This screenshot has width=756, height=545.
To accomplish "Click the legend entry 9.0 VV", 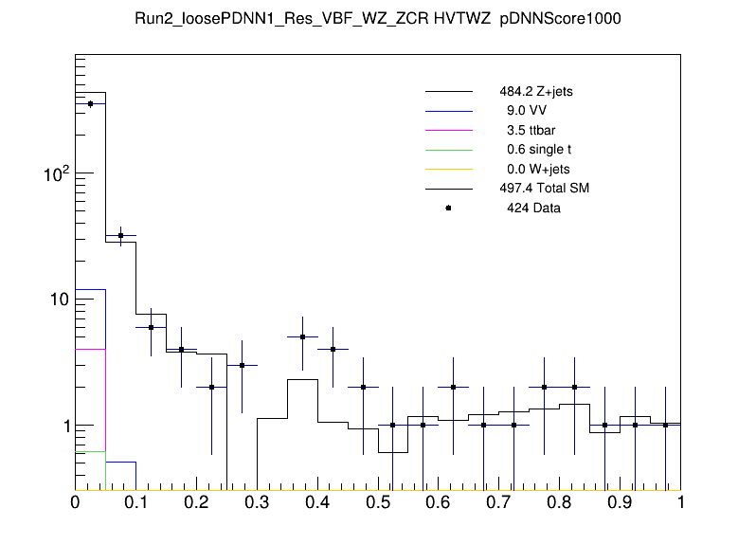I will click(x=528, y=112).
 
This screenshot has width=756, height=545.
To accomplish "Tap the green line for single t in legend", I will click(x=448, y=150).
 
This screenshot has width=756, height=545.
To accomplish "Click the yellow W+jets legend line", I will click(x=448, y=169).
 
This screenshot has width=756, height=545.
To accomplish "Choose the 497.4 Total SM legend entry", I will click(x=544, y=189).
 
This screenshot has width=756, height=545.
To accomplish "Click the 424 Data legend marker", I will click(x=448, y=208).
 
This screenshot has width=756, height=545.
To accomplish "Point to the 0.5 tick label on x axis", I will click(x=378, y=503).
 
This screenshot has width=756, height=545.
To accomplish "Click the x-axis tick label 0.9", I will click(x=620, y=503).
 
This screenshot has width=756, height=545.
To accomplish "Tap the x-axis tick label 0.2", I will click(x=196, y=503).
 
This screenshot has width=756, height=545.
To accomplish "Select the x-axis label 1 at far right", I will click(x=680, y=503).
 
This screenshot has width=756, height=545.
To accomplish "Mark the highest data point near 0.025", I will click(x=90, y=103).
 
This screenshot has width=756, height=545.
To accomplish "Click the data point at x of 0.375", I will click(x=302, y=336).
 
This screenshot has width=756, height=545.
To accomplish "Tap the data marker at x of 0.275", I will click(x=242, y=365).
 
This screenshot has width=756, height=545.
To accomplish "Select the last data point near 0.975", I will click(x=665, y=425).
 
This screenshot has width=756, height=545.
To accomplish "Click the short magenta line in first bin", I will click(x=90, y=350).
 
